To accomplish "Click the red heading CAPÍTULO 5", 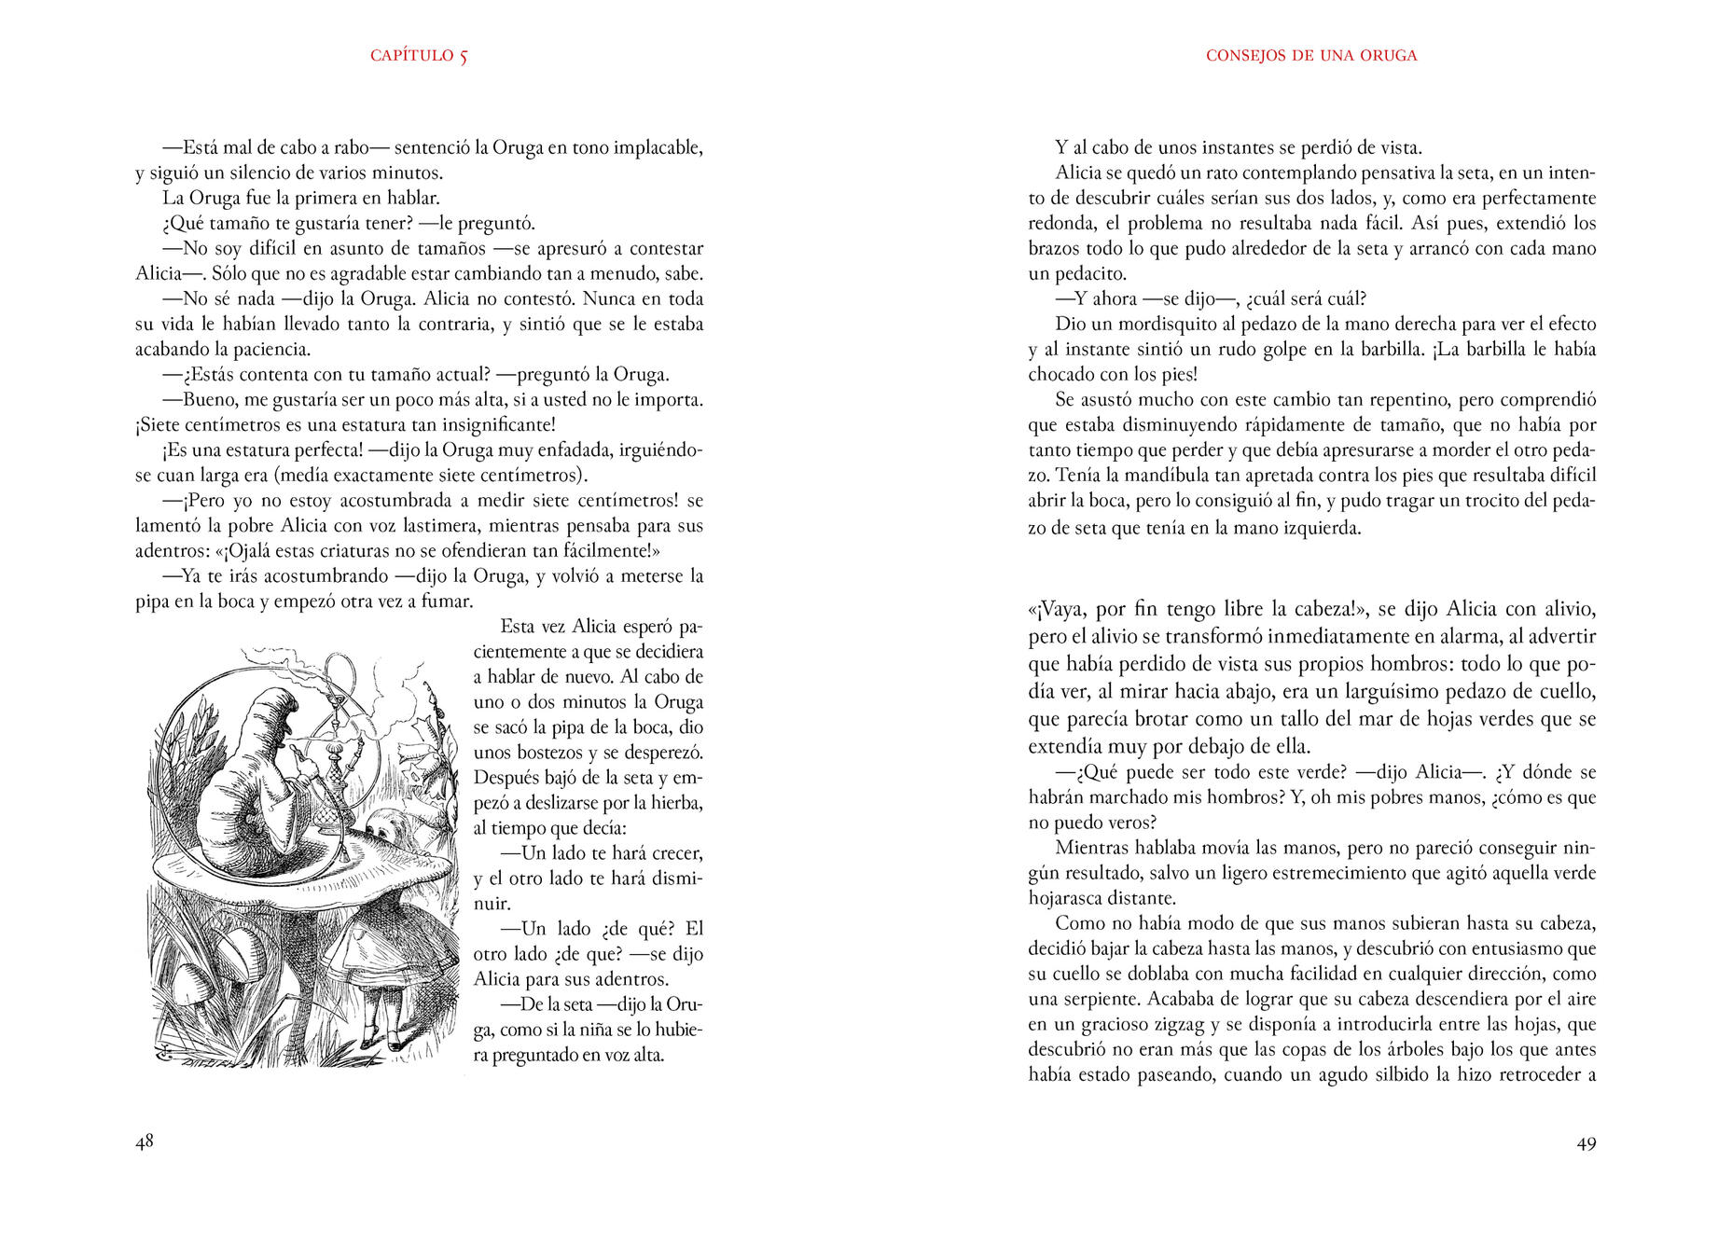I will point(419,56).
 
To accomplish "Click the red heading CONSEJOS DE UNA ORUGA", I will point(1311,56).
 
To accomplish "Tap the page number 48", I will point(145,1142).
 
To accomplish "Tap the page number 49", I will point(1587,1144).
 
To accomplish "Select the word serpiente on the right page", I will point(1096,999).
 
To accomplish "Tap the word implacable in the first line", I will point(658,148).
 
